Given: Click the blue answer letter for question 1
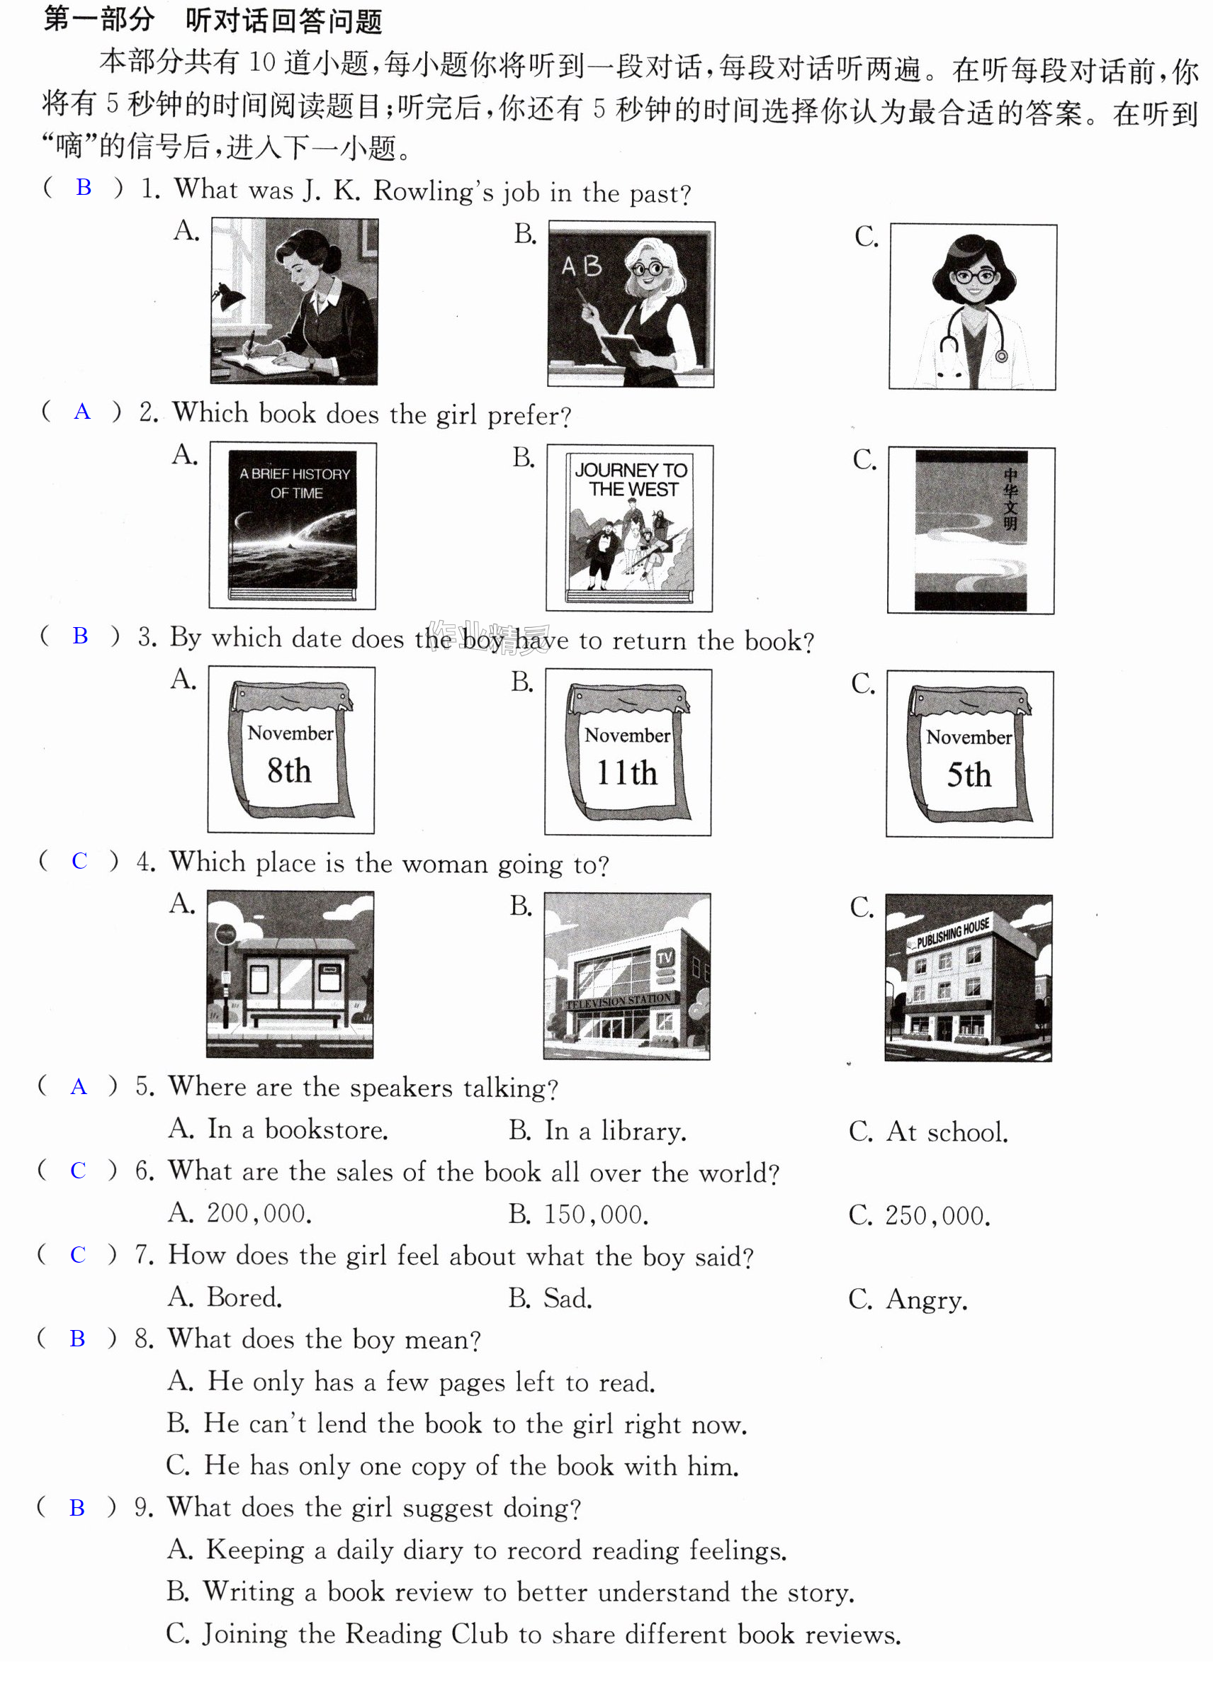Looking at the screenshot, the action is (84, 188).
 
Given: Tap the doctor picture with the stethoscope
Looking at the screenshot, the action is (973, 307).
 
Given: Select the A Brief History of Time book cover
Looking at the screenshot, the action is (293, 526).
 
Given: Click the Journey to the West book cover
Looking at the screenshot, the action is (630, 529).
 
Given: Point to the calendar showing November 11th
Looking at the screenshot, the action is (628, 752).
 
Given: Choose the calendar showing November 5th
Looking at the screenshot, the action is (969, 754).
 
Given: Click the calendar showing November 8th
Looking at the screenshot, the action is (291, 750).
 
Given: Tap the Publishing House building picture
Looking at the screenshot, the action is (969, 978).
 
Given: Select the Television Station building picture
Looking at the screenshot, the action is (627, 976).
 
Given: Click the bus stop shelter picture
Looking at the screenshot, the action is (290, 974).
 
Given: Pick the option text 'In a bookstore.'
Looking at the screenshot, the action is (297, 1130).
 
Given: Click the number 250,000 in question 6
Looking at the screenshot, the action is (937, 1215).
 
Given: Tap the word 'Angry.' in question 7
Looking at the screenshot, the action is (926, 1300).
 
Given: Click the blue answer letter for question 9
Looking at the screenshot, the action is (77, 1507).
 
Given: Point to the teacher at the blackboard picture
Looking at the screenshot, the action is (631, 304).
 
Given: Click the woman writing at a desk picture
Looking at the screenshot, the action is (294, 301).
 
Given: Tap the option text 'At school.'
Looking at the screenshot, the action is (947, 1132).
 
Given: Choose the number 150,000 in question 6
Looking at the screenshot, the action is (596, 1215).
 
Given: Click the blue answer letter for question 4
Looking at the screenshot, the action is (80, 861).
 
